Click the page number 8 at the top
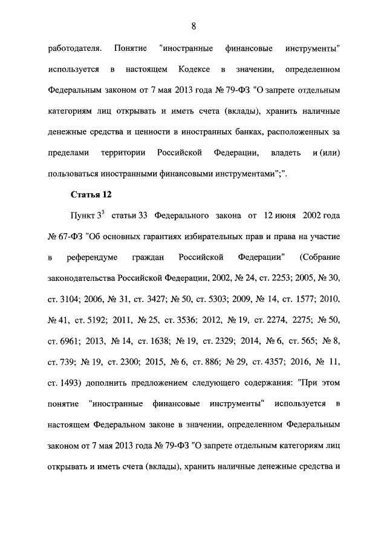point(193,25)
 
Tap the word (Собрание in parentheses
point(321,258)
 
